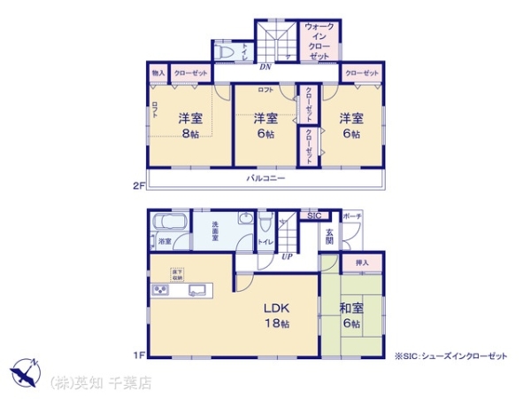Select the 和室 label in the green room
[x=351, y=309]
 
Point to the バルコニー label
[x=265, y=178]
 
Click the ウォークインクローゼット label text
[x=317, y=42]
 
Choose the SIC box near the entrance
[x=314, y=215]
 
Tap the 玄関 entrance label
[x=328, y=236]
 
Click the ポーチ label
[x=352, y=215]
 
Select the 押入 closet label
[x=361, y=262]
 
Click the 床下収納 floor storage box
[x=177, y=273]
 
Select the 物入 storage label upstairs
[x=158, y=73]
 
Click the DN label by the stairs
[x=265, y=67]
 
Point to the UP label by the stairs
[x=287, y=257]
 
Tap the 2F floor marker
[x=137, y=186]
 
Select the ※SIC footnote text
[x=451, y=356]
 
